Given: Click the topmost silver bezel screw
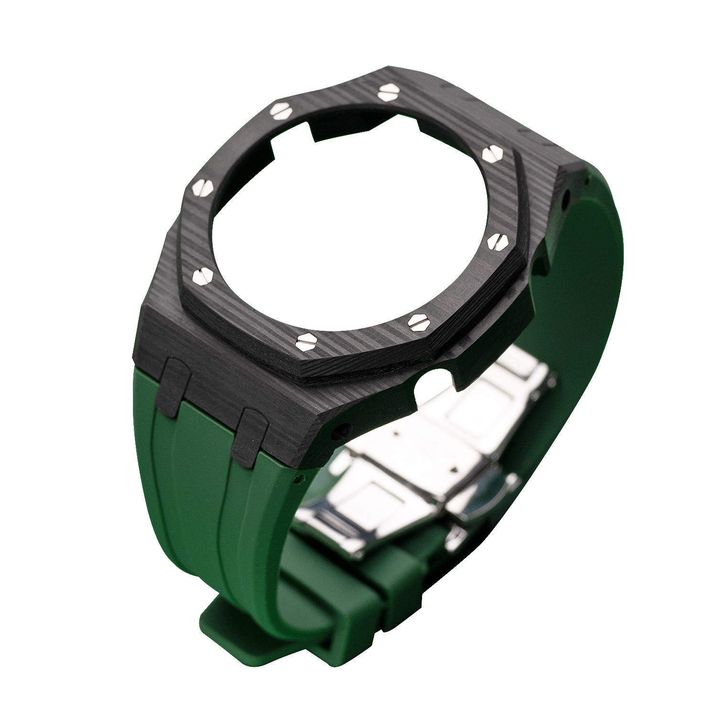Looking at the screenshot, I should [x=387, y=93].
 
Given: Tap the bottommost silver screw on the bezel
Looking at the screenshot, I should [x=306, y=341].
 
